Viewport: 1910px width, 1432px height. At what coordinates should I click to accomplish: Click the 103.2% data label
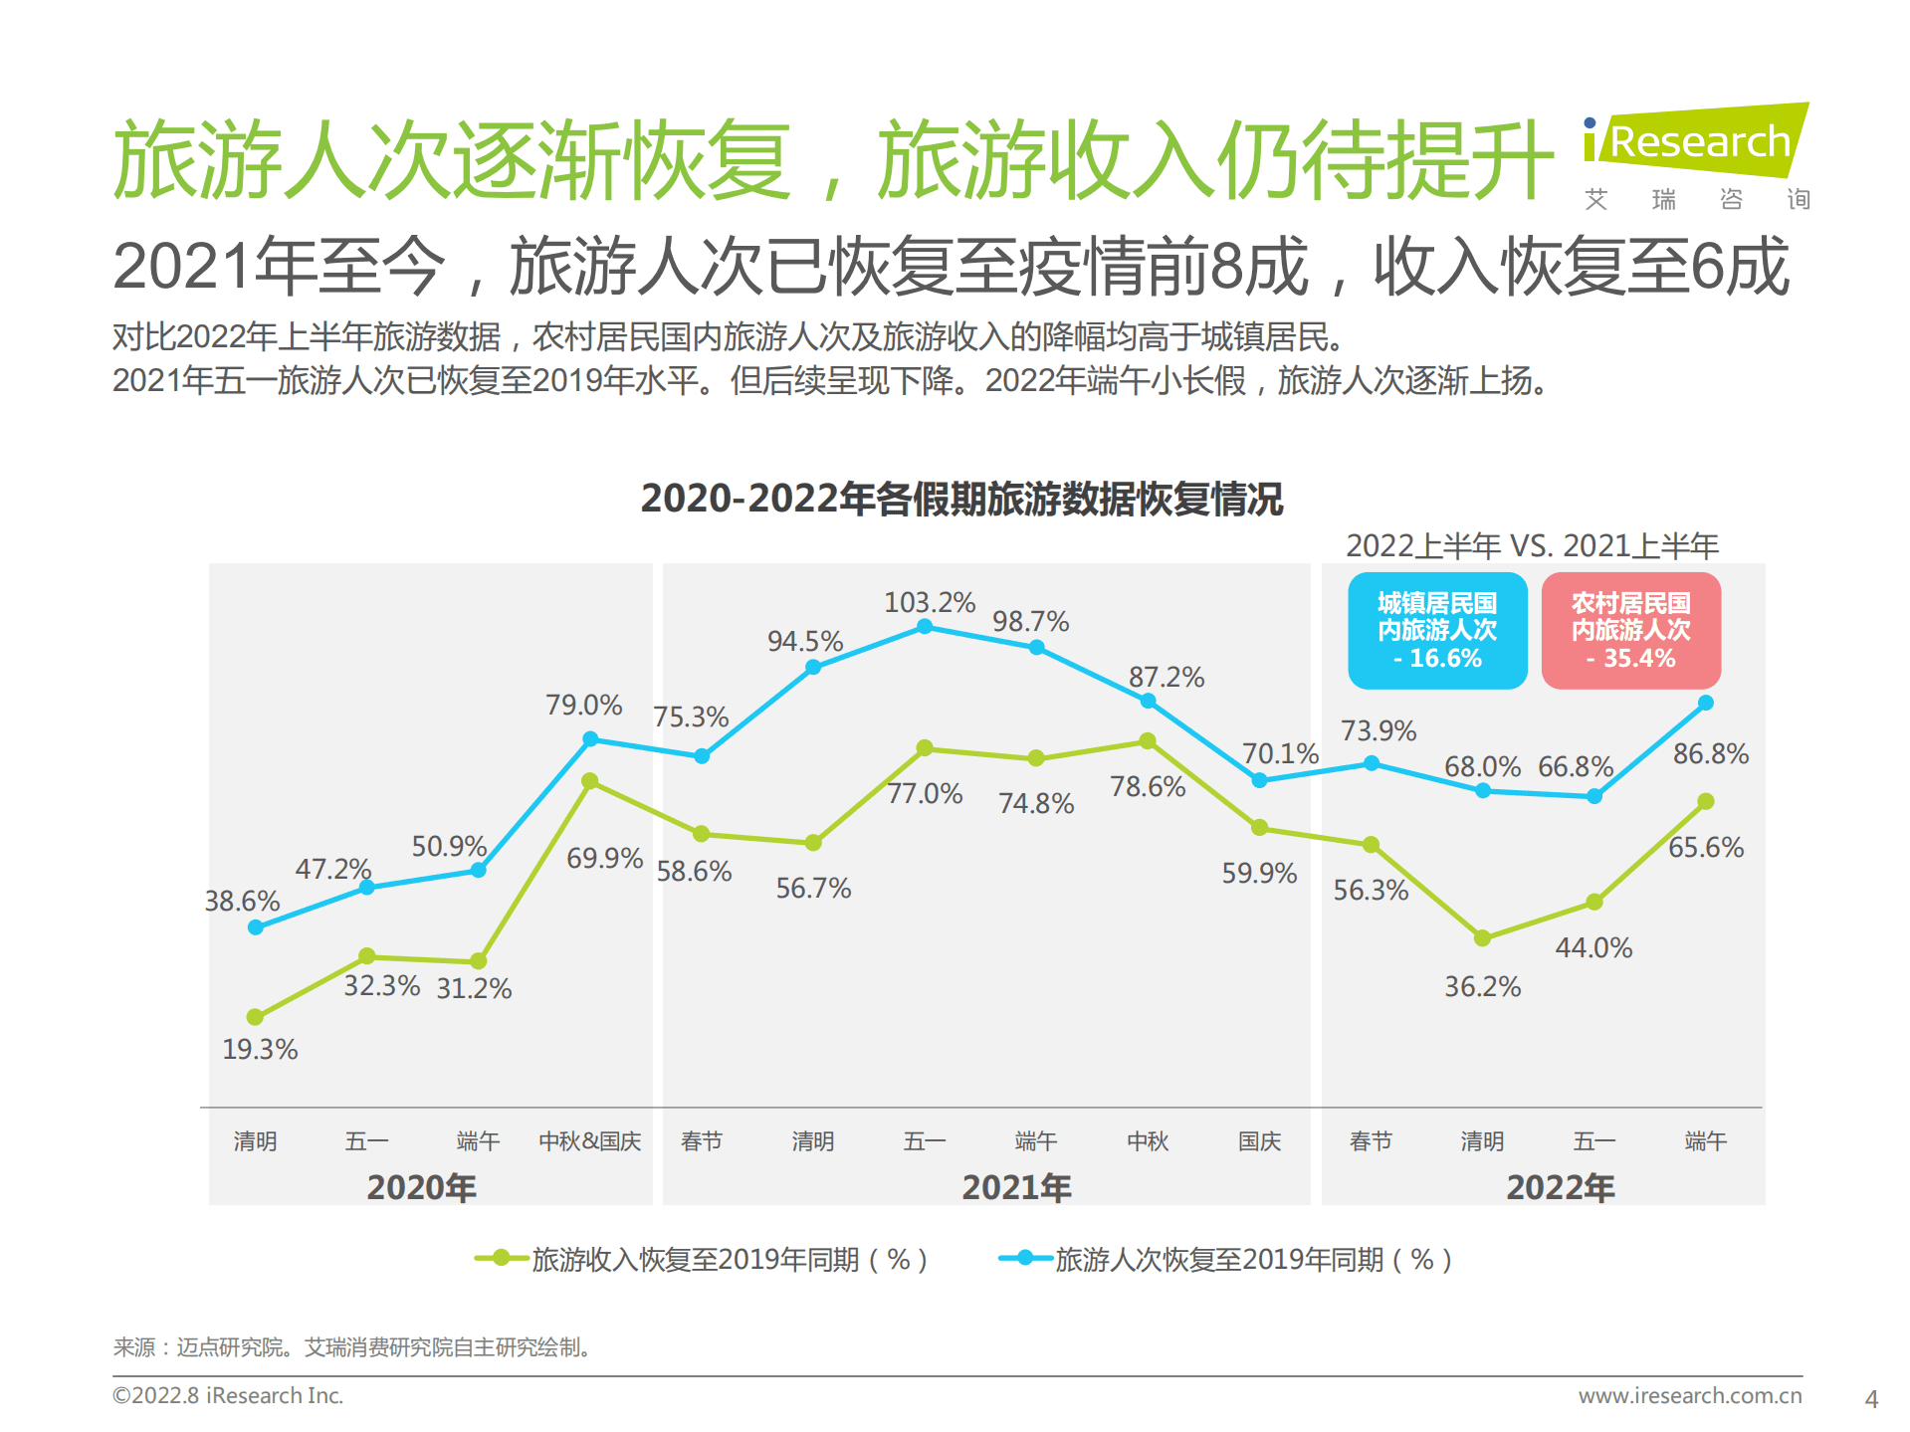pos(929,602)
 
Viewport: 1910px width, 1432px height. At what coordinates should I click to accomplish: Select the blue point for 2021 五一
pos(925,626)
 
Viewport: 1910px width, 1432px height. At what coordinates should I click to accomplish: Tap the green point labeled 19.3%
pos(255,1017)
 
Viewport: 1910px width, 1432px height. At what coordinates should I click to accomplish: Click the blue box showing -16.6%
pos(1436,630)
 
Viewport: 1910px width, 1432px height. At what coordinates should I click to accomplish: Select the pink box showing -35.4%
pos(1630,630)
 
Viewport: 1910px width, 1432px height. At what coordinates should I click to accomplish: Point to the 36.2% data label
pos(1482,986)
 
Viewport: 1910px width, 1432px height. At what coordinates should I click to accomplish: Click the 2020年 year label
pos(421,1186)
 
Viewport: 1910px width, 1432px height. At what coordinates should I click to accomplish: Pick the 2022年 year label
pos(1560,1186)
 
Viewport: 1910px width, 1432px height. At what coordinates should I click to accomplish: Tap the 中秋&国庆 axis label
pos(589,1140)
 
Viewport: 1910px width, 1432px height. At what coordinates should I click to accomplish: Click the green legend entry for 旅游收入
pos(702,1259)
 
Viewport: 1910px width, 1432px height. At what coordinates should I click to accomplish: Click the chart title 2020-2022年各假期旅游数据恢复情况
pos(961,499)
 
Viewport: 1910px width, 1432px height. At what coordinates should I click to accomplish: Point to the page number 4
pos(1870,1399)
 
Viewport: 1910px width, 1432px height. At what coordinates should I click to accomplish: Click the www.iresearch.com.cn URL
pos(1689,1395)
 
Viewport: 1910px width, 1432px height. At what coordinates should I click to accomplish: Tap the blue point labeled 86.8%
pos(1705,703)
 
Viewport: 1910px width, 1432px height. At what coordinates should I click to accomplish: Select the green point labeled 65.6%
pos(1705,801)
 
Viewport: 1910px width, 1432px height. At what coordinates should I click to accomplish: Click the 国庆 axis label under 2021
pos(1259,1140)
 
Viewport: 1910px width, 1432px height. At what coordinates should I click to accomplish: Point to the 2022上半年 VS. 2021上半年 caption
pos(1532,545)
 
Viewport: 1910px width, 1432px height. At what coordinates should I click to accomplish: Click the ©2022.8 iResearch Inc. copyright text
pos(228,1395)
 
